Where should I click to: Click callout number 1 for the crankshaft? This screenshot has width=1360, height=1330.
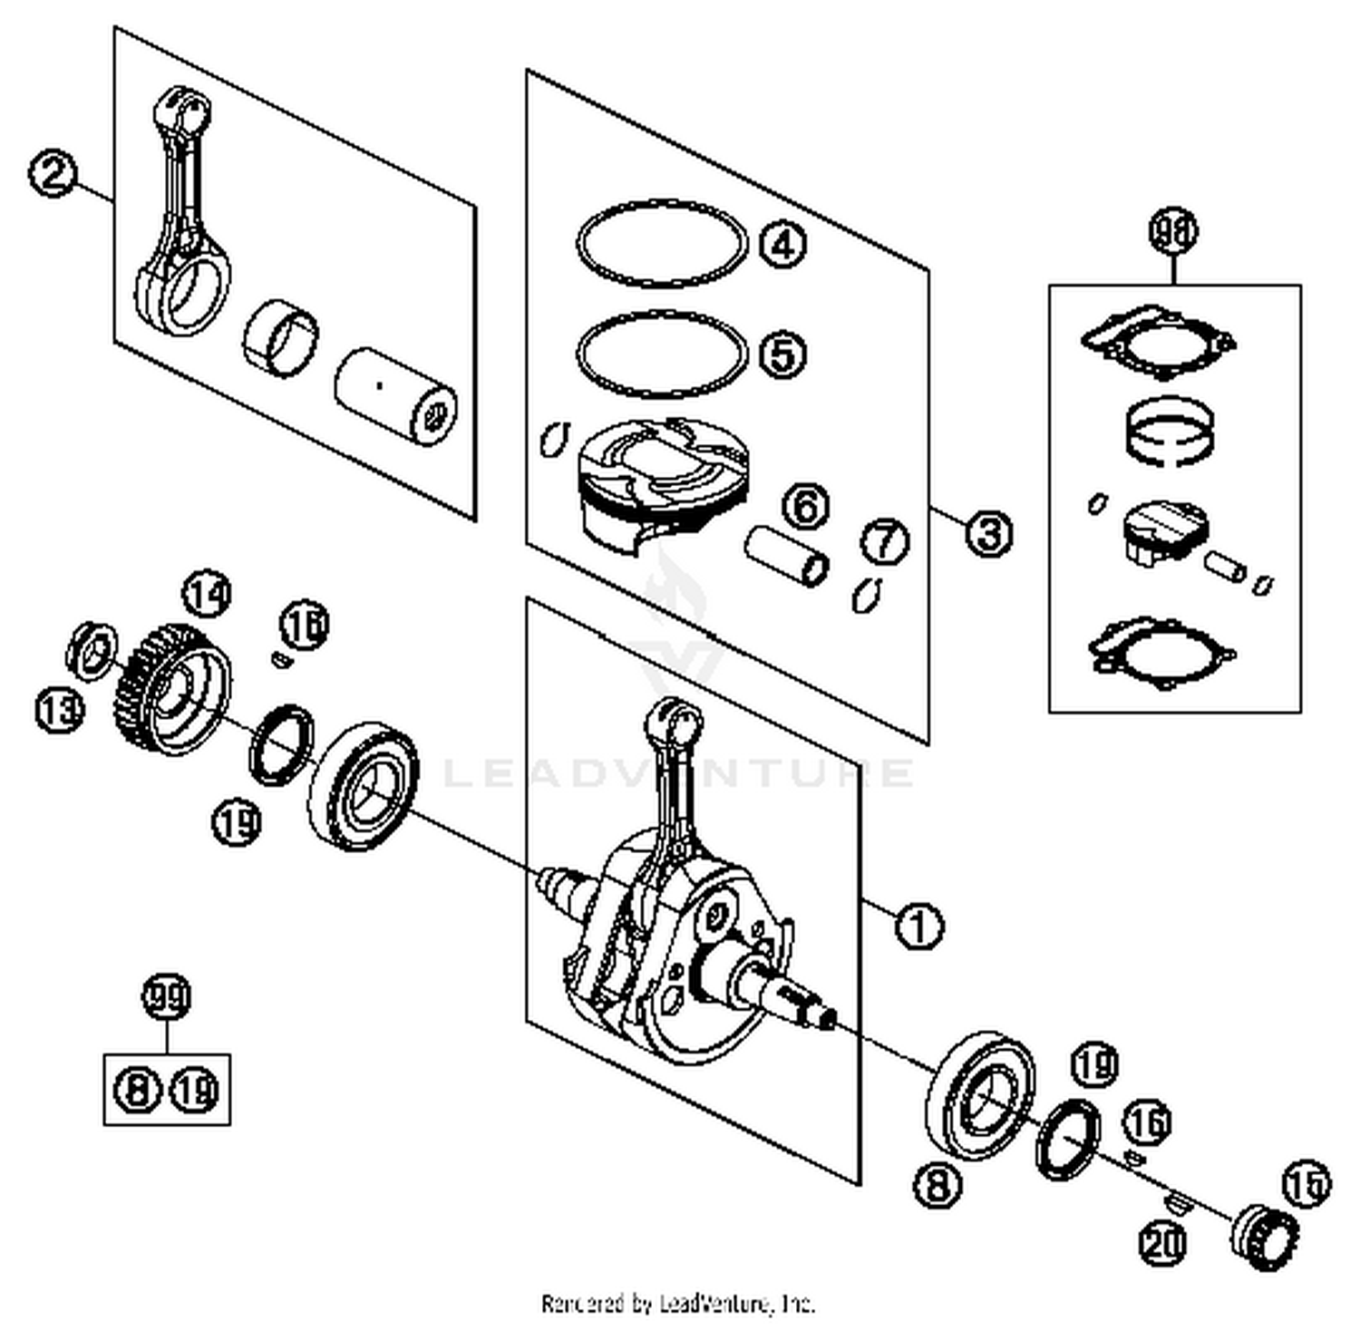point(918,926)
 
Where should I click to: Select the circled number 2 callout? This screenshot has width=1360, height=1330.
point(53,173)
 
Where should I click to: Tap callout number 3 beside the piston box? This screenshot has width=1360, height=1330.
point(987,532)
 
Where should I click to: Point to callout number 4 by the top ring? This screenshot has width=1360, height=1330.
point(782,244)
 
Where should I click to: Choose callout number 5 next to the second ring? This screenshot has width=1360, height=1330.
point(782,353)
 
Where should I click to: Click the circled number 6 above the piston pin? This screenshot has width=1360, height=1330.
point(805,506)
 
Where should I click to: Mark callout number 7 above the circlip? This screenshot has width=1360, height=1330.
point(884,541)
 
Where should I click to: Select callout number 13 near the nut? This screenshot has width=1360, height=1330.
point(59,710)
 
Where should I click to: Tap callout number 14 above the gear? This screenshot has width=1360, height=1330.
point(207,595)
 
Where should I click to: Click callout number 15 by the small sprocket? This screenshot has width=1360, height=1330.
point(1307,1183)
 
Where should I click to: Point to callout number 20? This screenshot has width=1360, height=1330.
point(1162,1243)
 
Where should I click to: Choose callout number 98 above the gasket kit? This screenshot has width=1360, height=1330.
point(1172,231)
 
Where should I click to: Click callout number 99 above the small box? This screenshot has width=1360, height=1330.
point(167,997)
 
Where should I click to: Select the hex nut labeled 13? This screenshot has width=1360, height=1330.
point(92,649)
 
